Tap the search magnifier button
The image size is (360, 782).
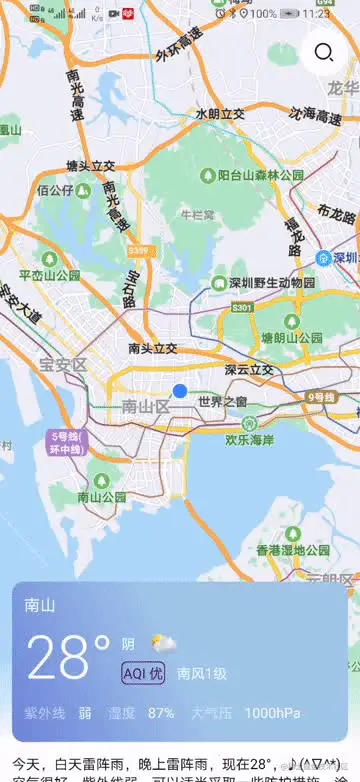(x=323, y=53)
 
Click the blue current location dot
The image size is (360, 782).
(x=180, y=391)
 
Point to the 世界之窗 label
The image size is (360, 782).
(x=222, y=402)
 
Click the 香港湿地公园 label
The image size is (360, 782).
(x=293, y=550)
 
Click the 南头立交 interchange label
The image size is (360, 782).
(x=153, y=348)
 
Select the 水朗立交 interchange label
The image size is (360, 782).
(x=220, y=114)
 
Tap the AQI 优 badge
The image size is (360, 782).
(x=142, y=673)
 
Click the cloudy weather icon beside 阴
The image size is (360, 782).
(x=163, y=642)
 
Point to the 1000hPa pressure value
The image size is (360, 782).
(x=271, y=713)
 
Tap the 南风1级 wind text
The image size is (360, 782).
(x=202, y=673)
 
